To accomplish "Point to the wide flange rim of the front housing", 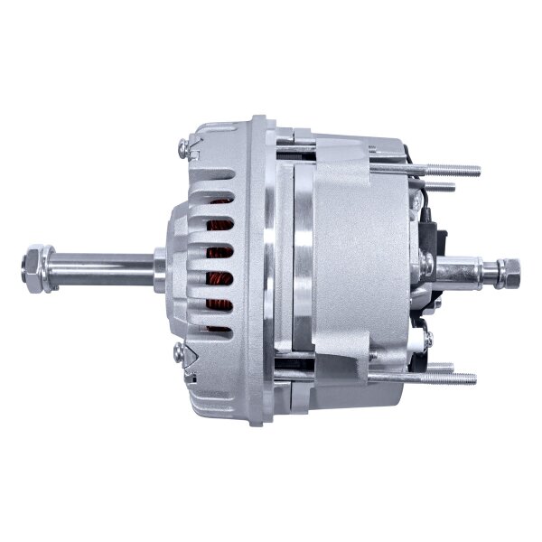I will point(262,262).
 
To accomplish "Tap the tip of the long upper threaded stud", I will point(476,170).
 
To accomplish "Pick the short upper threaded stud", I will point(443,187).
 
